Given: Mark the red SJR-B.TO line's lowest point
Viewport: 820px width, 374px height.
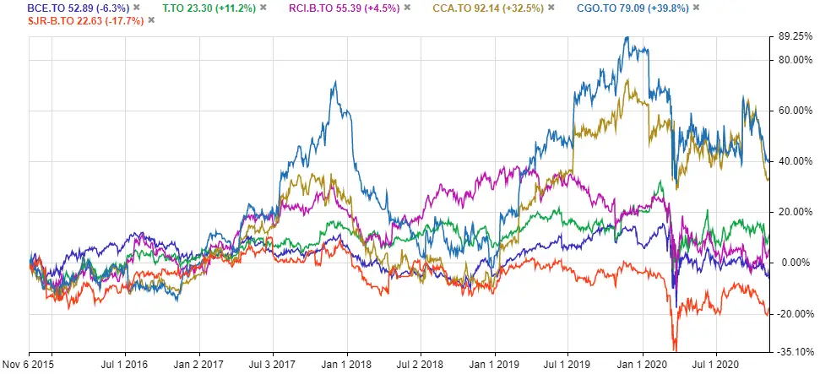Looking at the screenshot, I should click(x=675, y=350).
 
